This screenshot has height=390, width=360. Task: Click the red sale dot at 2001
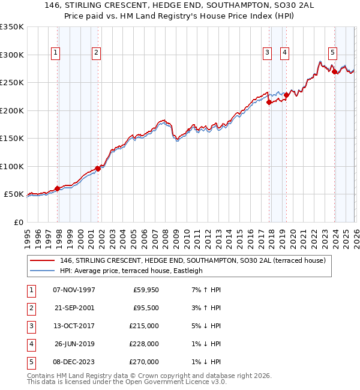(98, 169)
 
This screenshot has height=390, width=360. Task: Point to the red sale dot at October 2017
(269, 102)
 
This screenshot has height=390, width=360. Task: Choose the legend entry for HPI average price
(131, 271)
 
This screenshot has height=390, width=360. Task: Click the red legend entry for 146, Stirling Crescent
(192, 260)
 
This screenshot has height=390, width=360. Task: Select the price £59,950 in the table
(145, 290)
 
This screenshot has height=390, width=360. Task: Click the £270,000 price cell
(145, 362)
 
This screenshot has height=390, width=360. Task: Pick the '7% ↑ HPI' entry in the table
(204, 290)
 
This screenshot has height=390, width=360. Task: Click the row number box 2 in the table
(29, 308)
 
